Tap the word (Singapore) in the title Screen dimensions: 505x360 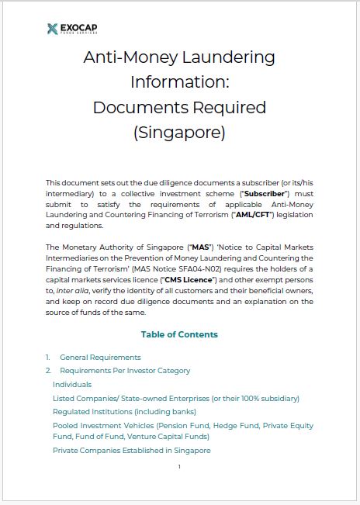[179, 133]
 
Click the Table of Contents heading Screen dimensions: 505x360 [179, 334]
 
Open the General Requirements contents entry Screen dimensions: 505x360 [100, 357]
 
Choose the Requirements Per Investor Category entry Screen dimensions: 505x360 [125, 371]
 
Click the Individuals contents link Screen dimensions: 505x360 [72, 384]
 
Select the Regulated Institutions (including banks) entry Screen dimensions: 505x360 [124, 411]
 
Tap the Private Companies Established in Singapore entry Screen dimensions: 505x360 [131, 450]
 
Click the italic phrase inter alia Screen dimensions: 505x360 [67, 290]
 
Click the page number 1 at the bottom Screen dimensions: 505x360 [179, 467]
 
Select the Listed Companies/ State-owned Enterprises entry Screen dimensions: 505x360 [175, 398]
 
